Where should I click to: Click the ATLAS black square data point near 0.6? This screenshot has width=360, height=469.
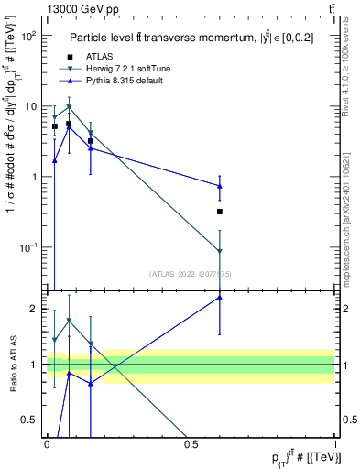point(220,212)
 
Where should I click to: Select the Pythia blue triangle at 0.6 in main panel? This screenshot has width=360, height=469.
point(220,186)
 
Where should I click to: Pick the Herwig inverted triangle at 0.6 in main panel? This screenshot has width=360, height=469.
point(220,251)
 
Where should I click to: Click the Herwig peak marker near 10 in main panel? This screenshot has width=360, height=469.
point(69,106)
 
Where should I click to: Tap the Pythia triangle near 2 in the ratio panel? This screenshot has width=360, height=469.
point(220,297)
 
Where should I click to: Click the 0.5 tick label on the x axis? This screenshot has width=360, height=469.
point(191,443)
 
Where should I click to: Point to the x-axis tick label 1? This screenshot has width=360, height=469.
point(334,443)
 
